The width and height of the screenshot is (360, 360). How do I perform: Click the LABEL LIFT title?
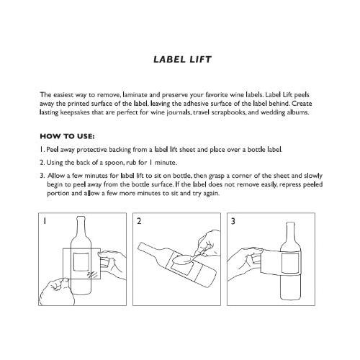pyautogui.click(x=182, y=60)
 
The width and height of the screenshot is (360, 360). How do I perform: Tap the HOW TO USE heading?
pyautogui.click(x=67, y=136)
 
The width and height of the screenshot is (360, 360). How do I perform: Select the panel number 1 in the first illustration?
pyautogui.click(x=44, y=221)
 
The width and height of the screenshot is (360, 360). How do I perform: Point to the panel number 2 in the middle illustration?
pyautogui.click(x=139, y=221)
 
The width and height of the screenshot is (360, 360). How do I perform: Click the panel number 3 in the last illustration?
pyautogui.click(x=233, y=221)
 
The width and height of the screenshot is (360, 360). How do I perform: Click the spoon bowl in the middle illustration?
pyautogui.click(x=183, y=259)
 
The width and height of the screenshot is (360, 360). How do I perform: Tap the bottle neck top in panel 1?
pyautogui.click(x=81, y=218)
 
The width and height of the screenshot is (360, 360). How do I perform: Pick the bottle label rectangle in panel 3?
pyautogui.click(x=290, y=263)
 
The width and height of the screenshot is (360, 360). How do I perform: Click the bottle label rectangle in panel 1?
pyautogui.click(x=81, y=262)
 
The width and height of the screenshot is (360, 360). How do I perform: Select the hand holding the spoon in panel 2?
pyautogui.click(x=208, y=243)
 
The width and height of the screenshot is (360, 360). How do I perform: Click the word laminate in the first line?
pyautogui.click(x=135, y=95)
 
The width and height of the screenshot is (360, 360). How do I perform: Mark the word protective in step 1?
pyautogui.click(x=91, y=150)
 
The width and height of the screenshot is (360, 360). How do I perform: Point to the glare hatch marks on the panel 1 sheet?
pyautogui.click(x=92, y=274)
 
